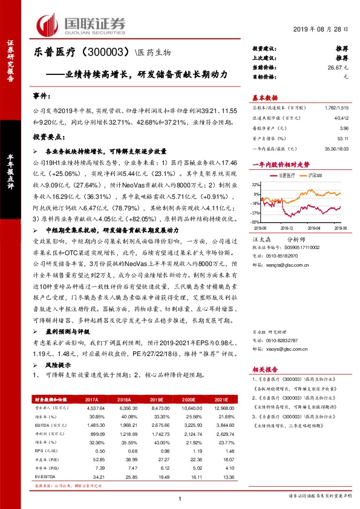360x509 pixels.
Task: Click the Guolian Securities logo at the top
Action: [x=82, y=24]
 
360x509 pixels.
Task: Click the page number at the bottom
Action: [x=180, y=498]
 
